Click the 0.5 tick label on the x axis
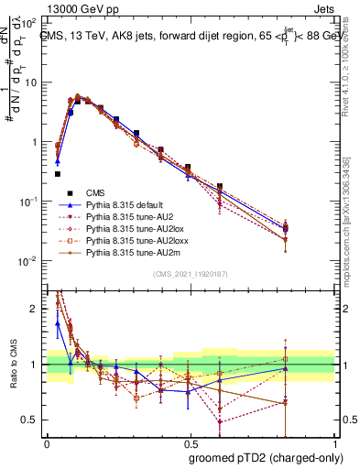coord(189,442)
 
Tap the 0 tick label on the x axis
coord(47,442)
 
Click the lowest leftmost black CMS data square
coord(57,173)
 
